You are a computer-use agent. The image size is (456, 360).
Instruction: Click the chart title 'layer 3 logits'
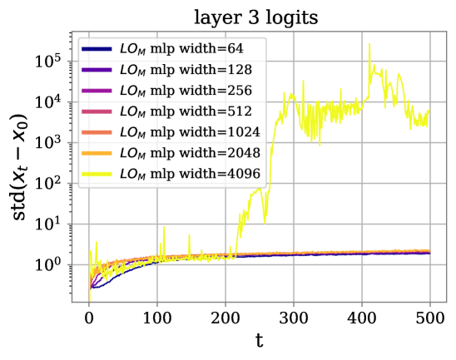coord(256,17)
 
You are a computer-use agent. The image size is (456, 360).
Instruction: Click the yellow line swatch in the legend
coord(97,174)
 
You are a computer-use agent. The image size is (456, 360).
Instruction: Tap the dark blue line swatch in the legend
coord(97,49)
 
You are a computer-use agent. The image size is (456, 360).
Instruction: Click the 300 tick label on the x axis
coord(294,318)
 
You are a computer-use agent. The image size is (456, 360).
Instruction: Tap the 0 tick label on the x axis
coord(89,318)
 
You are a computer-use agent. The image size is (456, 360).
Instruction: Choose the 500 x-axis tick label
coord(430,318)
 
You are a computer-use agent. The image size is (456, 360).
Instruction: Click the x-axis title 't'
coord(260,340)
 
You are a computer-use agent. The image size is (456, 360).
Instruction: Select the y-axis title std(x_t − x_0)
coord(19,167)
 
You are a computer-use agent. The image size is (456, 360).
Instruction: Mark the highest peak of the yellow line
coord(369,44)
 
